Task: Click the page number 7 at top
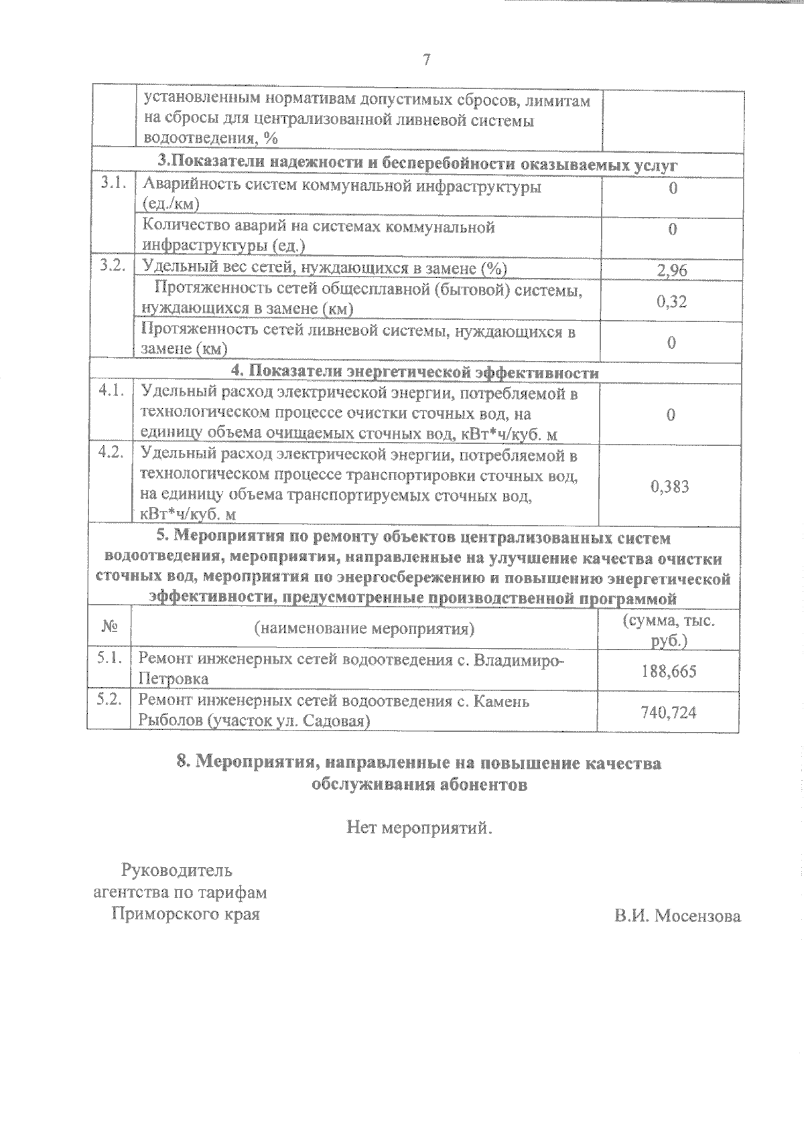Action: point(426,60)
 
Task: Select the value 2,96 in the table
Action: point(672,271)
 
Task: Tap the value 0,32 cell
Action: point(672,301)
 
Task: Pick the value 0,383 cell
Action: point(670,487)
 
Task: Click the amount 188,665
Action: point(669,670)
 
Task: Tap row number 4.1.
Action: point(111,392)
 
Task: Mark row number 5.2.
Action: point(109,700)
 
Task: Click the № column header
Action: point(110,628)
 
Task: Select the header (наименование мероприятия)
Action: point(364,629)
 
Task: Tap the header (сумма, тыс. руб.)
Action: point(669,630)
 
